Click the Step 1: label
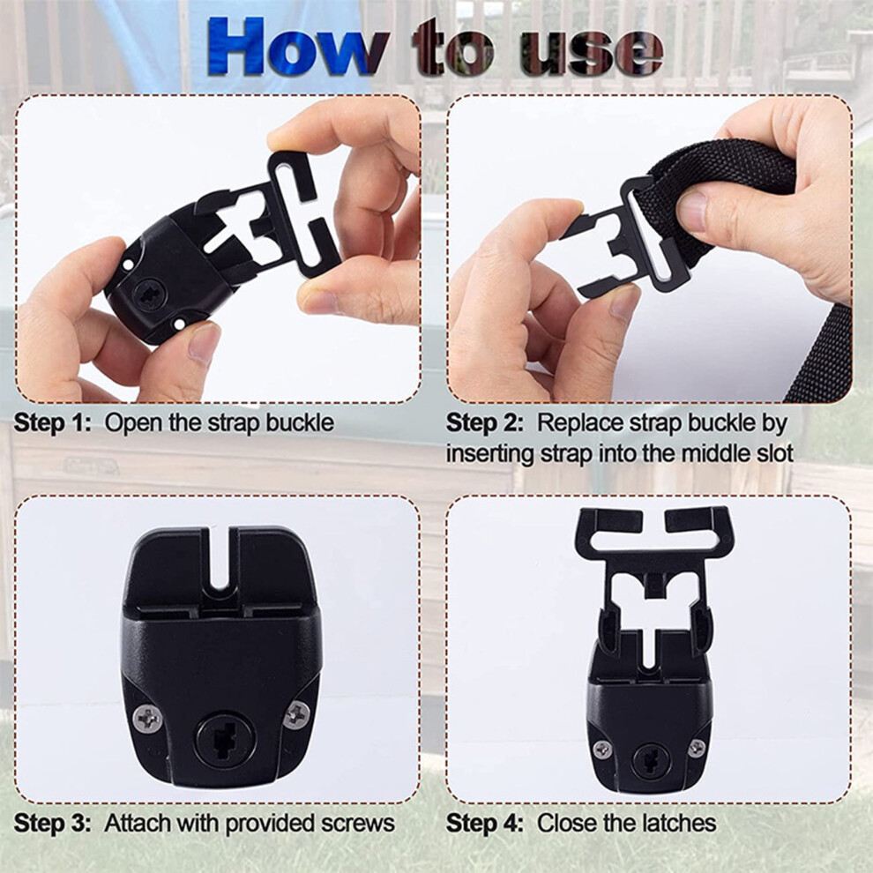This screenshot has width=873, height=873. point(52,423)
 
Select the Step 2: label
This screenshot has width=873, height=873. point(485,423)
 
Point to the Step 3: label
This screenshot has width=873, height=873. point(52,823)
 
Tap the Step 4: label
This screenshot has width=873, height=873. point(485,823)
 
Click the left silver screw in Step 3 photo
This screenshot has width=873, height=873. point(149,719)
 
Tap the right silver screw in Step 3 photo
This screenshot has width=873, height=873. point(297,714)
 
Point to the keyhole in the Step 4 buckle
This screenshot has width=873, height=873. point(649,759)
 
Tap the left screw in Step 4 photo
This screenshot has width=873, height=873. point(602,750)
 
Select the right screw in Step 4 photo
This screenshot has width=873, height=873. point(696,748)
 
